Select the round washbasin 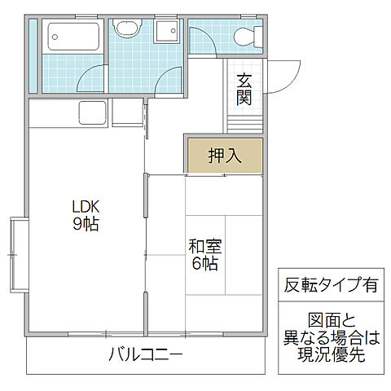pyautogui.click(x=126, y=29)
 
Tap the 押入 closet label pyautogui.click(x=225, y=156)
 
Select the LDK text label pyautogui.click(x=84, y=207)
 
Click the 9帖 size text pyautogui.click(x=84, y=225)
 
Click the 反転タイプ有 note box pyautogui.click(x=331, y=285)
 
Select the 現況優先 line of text pyautogui.click(x=331, y=356)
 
